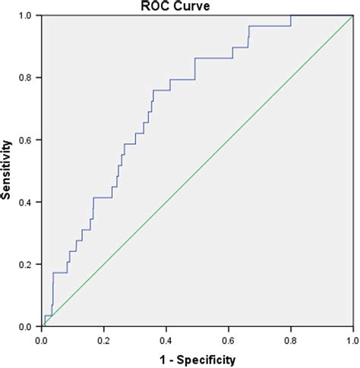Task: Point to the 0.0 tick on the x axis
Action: (x=43, y=340)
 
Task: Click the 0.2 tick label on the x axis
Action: (x=105, y=340)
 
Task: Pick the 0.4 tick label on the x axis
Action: (x=167, y=340)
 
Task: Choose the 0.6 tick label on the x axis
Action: (x=229, y=340)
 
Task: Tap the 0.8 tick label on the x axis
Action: (x=291, y=340)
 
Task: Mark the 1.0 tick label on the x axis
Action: (x=351, y=340)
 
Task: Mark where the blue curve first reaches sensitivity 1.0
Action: (x=291, y=15)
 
